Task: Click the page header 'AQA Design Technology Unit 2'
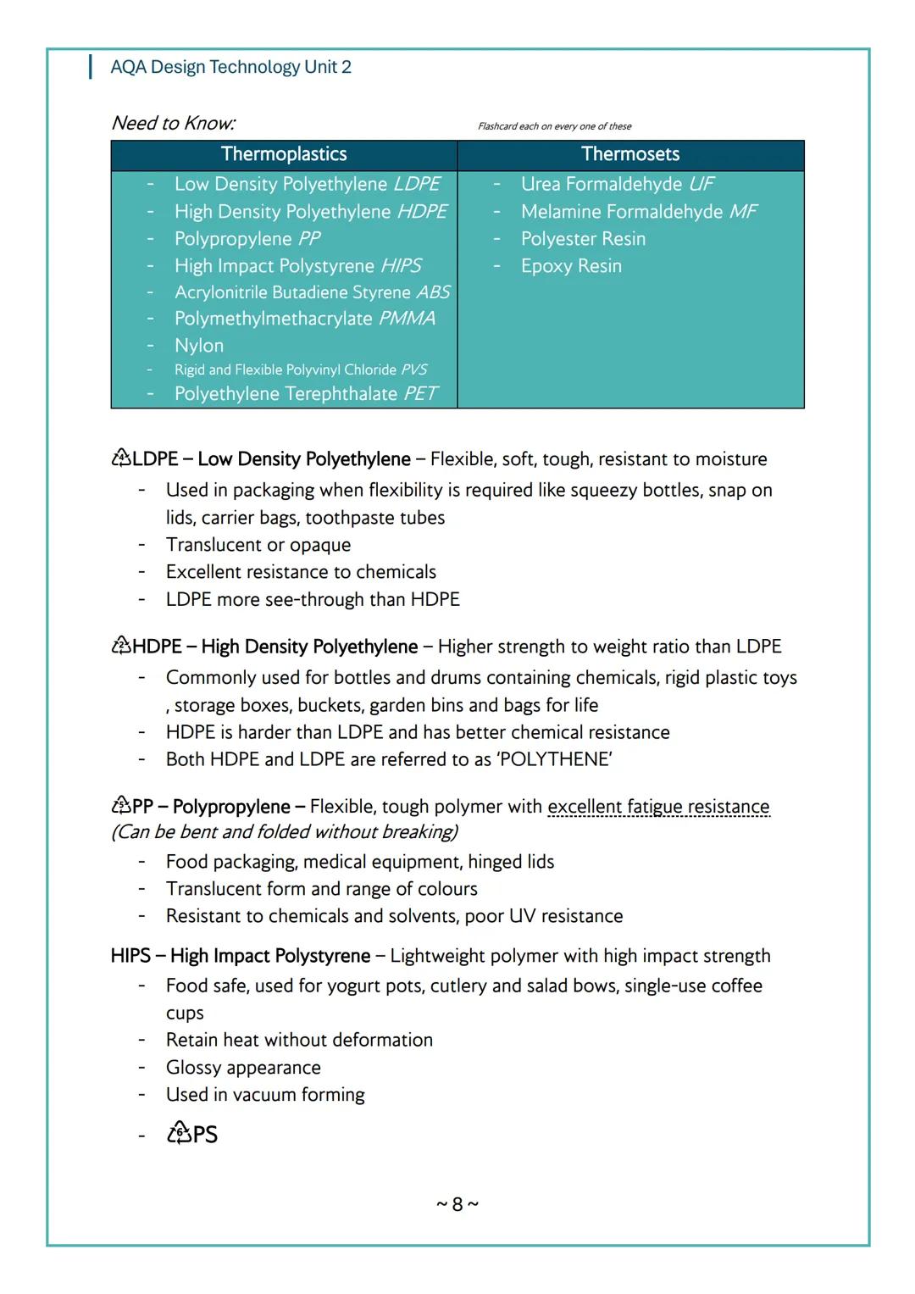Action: (230, 67)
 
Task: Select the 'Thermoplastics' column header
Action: (284, 154)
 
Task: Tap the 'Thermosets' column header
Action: (630, 154)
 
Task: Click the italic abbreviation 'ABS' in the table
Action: (433, 292)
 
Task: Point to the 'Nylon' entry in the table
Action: (199, 346)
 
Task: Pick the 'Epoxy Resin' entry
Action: (571, 266)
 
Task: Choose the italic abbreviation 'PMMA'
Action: (407, 319)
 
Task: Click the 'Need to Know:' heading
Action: (174, 123)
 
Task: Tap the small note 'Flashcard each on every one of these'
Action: (554, 126)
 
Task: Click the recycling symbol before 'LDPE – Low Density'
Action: (121, 458)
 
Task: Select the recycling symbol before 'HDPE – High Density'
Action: (121, 646)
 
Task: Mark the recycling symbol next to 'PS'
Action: (179, 1133)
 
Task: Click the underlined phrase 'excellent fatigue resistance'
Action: (658, 807)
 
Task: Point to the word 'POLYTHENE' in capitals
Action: (554, 759)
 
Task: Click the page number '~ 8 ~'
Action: (457, 1204)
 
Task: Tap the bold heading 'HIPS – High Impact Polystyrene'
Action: (241, 956)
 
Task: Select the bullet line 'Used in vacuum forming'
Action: (265, 1095)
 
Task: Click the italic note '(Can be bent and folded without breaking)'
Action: (285, 832)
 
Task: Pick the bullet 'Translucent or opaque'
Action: (258, 545)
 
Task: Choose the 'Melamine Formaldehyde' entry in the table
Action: (622, 212)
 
